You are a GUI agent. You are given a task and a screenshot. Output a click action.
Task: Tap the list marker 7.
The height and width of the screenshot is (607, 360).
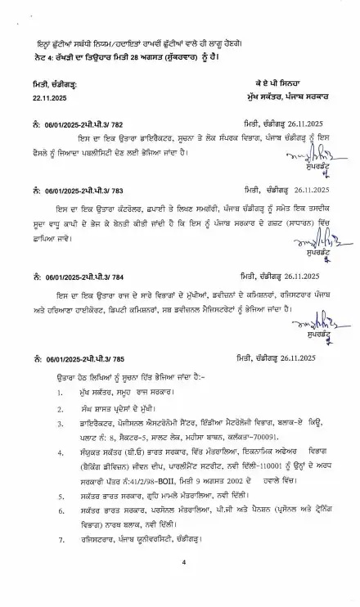[x=61, y=539]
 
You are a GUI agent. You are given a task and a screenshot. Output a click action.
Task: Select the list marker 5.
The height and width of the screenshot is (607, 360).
[x=61, y=496]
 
